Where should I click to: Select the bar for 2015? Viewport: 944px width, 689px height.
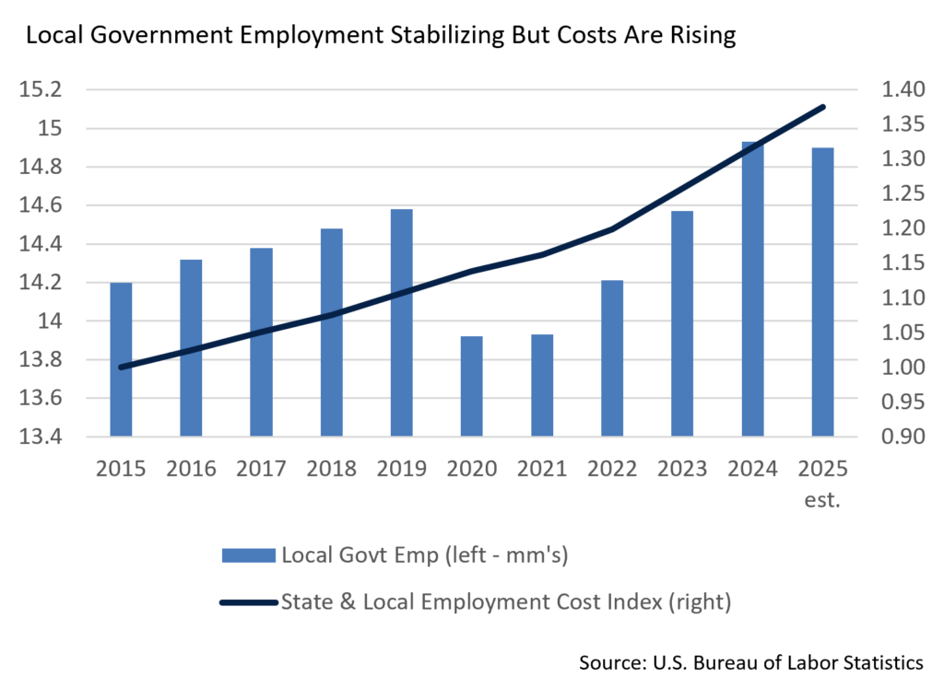121,359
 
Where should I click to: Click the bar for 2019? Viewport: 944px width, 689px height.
401,322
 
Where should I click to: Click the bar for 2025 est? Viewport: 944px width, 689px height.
822,291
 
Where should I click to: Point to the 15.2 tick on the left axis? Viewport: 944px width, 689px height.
44,90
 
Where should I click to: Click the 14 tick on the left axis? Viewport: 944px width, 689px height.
50,321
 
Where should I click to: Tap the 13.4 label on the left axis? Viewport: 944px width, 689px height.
44,437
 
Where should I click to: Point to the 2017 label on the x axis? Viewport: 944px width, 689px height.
261,470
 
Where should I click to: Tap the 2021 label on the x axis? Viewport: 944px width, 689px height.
541,470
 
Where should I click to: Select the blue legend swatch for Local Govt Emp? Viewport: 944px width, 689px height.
248,555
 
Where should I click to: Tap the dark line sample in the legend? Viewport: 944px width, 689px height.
248,602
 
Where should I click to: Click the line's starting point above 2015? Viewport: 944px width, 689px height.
121,368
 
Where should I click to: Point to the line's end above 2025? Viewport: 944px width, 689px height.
824,107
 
